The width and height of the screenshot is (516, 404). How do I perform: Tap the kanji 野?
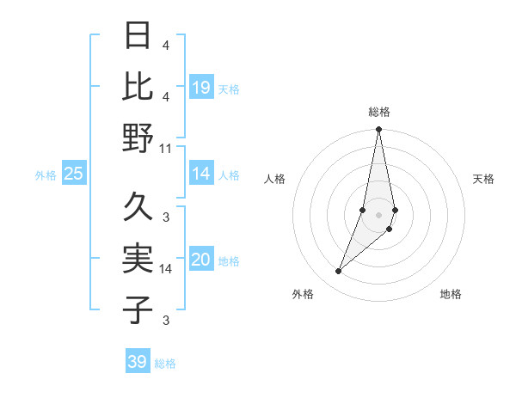(138, 138)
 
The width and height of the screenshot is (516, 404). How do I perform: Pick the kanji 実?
(138, 259)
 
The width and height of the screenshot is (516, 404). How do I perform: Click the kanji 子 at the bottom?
(138, 309)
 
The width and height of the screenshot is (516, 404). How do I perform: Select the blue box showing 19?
(201, 87)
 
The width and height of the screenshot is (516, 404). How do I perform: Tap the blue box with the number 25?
(74, 174)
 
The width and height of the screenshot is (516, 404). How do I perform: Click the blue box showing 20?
(201, 260)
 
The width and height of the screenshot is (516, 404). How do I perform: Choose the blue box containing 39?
(138, 362)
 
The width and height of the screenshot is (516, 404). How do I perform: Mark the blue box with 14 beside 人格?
(201, 174)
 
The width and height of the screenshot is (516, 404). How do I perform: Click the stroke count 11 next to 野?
(166, 148)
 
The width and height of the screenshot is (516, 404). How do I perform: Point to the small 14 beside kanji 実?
(166, 268)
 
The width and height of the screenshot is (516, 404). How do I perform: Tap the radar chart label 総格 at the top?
(378, 112)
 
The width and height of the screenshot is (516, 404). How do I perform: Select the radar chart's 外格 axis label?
(303, 294)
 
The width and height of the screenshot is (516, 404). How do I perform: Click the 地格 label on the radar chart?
(451, 294)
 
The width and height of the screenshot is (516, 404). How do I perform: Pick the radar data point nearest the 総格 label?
(378, 130)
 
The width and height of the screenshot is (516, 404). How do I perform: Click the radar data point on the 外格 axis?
(338, 271)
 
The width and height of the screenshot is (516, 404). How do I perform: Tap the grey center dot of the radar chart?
(378, 215)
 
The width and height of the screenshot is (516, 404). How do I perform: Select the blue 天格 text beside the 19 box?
(228, 89)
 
